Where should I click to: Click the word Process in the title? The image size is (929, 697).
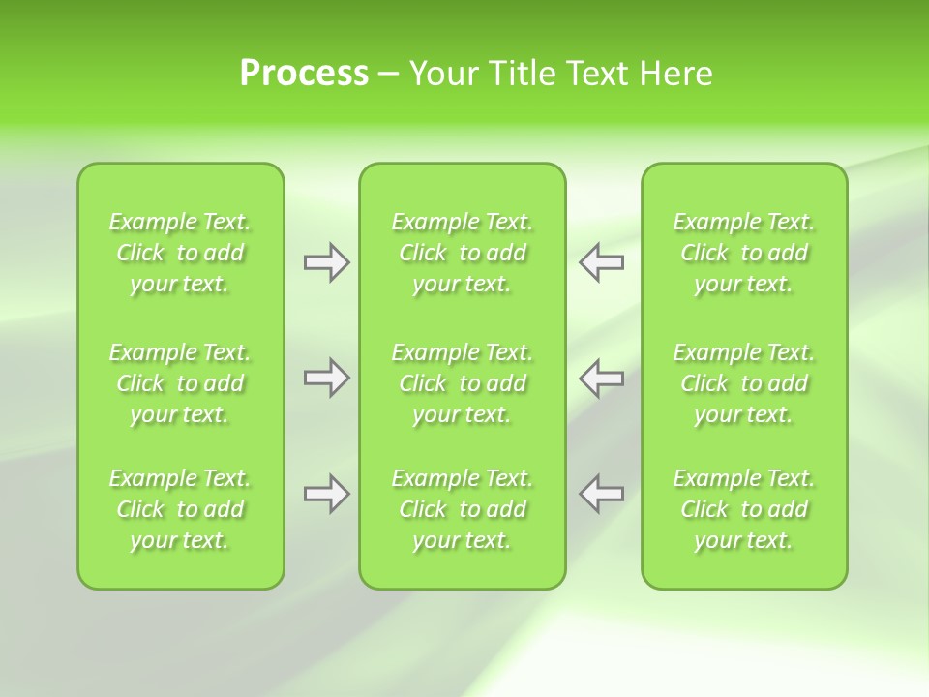click(x=304, y=74)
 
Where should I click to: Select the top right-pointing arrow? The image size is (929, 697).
click(x=326, y=262)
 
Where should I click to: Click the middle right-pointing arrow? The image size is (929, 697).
click(x=326, y=378)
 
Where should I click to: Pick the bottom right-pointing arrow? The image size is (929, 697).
click(x=326, y=494)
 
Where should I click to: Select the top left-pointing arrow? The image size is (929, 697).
click(x=602, y=262)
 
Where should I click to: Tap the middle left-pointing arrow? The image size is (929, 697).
click(x=602, y=378)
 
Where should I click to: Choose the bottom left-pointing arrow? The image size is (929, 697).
click(x=602, y=494)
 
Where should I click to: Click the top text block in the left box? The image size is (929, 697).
click(x=180, y=253)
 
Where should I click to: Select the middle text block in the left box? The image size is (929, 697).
click(x=180, y=383)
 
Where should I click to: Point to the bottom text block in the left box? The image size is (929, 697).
click(x=180, y=509)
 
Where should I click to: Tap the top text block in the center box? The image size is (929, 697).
click(x=462, y=253)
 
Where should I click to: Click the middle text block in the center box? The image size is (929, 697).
click(x=462, y=383)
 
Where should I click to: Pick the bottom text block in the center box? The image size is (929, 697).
click(x=462, y=509)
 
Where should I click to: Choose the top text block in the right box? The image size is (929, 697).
click(x=744, y=253)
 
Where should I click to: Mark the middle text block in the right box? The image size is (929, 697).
click(x=744, y=383)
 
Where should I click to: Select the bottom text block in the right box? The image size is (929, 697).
click(x=744, y=509)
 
